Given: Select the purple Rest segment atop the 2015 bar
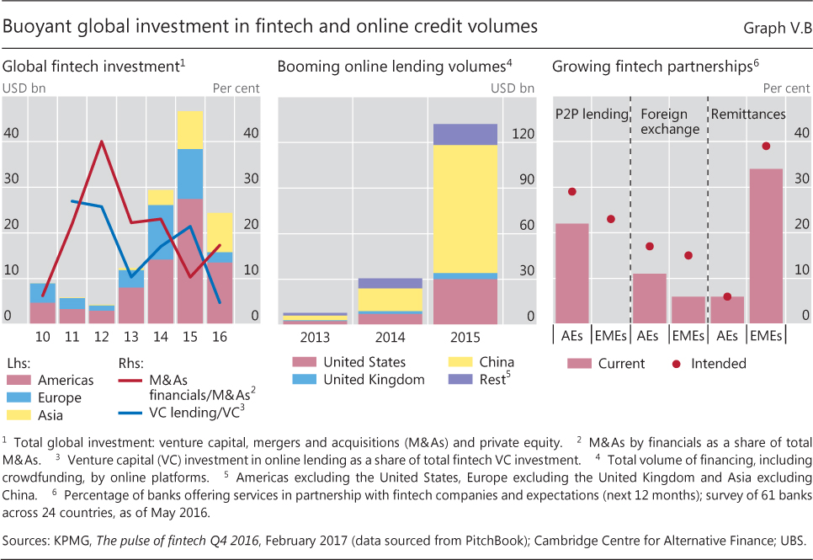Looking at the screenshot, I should coord(465,134).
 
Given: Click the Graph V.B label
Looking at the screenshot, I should coord(774,27).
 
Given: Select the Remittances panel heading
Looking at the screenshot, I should coord(748,114).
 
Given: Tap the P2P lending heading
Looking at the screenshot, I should coord(591,114).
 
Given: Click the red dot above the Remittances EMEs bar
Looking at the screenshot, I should coord(766,146).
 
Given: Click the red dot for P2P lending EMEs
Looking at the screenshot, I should coord(611,219).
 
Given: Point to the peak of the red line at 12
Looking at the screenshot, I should coord(102,141).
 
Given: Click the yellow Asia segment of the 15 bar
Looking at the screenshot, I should coord(190,130).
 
